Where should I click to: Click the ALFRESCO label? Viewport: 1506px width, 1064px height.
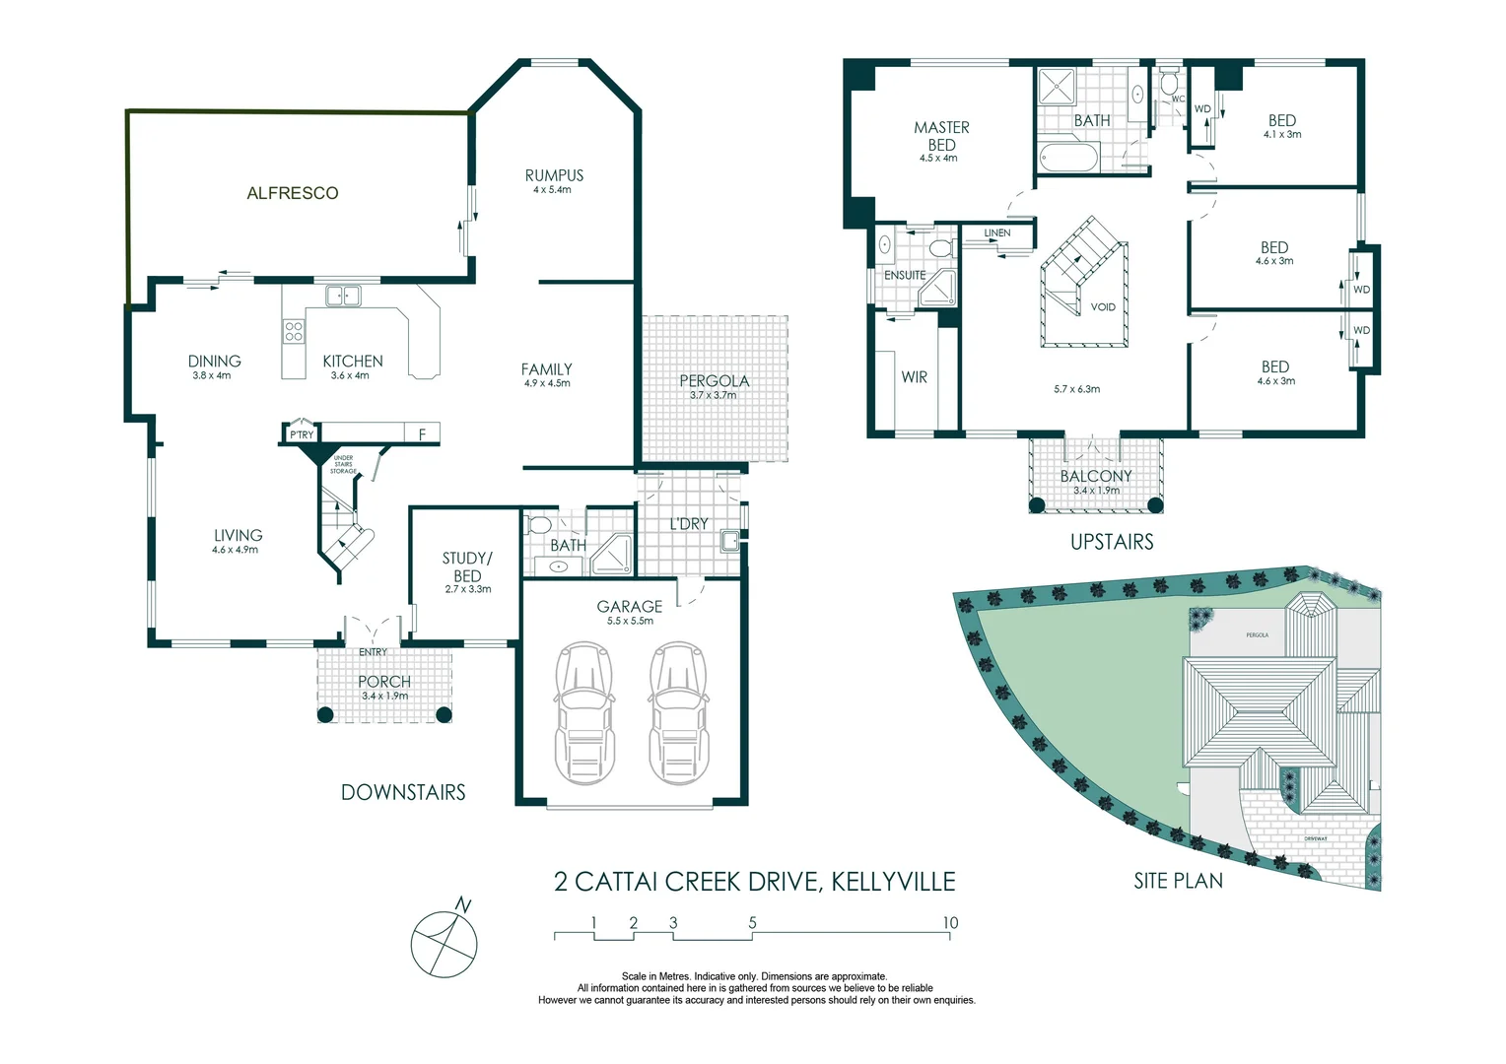[x=293, y=193]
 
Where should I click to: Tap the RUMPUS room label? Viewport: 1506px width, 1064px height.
[x=553, y=175]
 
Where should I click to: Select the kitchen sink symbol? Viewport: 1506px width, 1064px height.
[x=343, y=296]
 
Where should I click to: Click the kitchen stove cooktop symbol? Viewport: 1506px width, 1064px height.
[x=294, y=331]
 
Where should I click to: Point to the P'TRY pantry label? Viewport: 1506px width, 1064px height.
[x=302, y=434]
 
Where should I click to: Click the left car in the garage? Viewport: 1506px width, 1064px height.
[x=584, y=711]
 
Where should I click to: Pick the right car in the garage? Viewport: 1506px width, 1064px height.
[x=678, y=711]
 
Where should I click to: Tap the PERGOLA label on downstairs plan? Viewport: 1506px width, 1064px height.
[x=714, y=380]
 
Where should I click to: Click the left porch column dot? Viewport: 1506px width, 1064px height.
[x=325, y=715]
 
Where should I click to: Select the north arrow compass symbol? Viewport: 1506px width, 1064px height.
[x=445, y=943]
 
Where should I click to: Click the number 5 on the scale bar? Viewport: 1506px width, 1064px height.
[x=752, y=923]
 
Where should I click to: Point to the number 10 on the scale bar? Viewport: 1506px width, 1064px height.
[x=949, y=923]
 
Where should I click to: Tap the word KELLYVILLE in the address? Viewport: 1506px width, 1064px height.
[x=893, y=881]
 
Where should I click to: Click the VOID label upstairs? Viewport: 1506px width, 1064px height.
[x=1103, y=307]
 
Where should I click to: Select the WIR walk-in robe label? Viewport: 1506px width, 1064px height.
[x=914, y=377]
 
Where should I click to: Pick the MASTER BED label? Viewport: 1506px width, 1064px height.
[x=941, y=136]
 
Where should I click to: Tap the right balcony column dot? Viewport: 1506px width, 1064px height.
[x=1155, y=505]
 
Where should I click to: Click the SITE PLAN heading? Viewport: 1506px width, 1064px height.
[x=1178, y=881]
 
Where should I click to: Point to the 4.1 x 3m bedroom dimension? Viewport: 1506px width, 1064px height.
[x=1281, y=135]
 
